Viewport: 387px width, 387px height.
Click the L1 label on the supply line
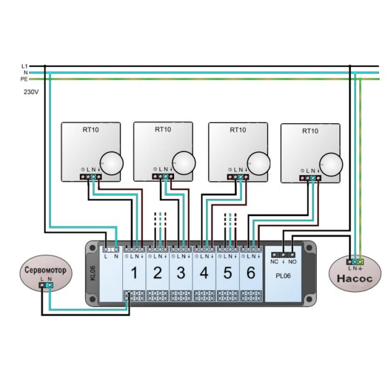pyautogui.click(x=25, y=66)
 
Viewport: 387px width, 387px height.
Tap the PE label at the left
pyautogui.click(x=24, y=79)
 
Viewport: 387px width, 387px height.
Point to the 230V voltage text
pyautogui.click(x=31, y=92)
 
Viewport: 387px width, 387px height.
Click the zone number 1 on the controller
pyautogui.click(x=134, y=273)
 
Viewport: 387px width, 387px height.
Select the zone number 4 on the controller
pyautogui.click(x=205, y=273)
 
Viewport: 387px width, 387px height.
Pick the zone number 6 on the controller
pyautogui.click(x=251, y=273)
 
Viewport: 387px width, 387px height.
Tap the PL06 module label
pyautogui.click(x=283, y=276)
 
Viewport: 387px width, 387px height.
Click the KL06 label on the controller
pyautogui.click(x=93, y=273)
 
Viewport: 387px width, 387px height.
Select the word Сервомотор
pyautogui.click(x=46, y=270)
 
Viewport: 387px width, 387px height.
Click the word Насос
pyautogui.click(x=355, y=279)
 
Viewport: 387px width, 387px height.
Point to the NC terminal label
pyautogui.click(x=274, y=262)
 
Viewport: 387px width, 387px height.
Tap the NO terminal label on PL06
pyautogui.click(x=292, y=262)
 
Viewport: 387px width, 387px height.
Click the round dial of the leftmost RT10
pyautogui.click(x=112, y=164)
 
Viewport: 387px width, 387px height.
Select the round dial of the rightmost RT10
pyautogui.click(x=331, y=165)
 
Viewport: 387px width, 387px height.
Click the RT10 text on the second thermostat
pyautogui.click(x=163, y=129)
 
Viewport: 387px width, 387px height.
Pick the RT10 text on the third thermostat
pyautogui.click(x=238, y=130)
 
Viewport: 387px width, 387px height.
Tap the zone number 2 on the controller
pyautogui.click(x=158, y=273)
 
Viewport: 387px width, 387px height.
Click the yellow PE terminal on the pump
pyautogui.click(x=360, y=262)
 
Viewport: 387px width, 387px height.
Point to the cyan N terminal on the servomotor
pyautogui.click(x=50, y=285)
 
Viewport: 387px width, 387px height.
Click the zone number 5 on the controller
pyautogui.click(x=228, y=273)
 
